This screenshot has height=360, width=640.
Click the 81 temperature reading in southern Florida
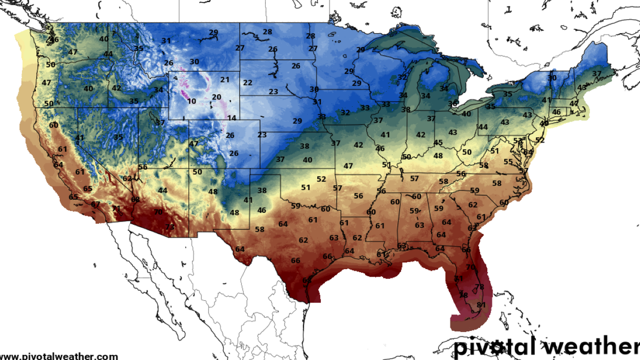[x=481, y=305]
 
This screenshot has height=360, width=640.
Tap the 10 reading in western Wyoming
[x=191, y=101]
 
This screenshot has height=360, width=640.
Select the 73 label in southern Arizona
[x=170, y=227]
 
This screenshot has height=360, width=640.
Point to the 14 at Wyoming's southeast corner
[x=232, y=118]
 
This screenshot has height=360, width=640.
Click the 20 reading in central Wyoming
[x=216, y=97]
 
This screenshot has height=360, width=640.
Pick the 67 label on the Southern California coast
[x=95, y=204]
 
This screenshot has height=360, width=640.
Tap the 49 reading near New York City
[x=544, y=123]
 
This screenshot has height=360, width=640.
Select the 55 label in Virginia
[x=508, y=162]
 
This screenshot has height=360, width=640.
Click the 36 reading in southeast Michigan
[x=452, y=104]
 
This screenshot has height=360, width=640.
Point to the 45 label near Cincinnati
[x=438, y=143]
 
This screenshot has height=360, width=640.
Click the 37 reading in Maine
[x=597, y=74]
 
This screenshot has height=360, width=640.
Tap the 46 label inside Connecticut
[x=556, y=112]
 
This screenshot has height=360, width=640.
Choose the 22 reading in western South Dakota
[x=247, y=82]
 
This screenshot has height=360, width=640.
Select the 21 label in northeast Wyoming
[x=225, y=80]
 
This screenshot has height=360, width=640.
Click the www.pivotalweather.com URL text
[x=59, y=356]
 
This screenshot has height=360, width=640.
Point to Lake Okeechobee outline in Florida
[x=480, y=292]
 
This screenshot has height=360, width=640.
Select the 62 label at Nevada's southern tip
[x=127, y=178]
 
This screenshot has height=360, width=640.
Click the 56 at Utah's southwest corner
[x=143, y=167]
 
